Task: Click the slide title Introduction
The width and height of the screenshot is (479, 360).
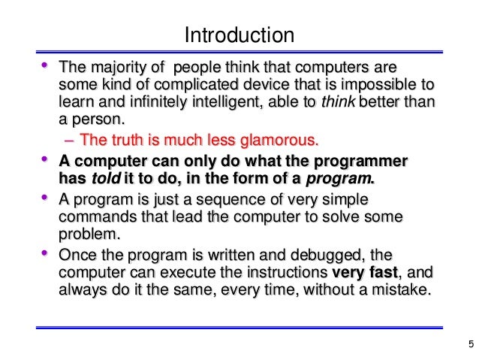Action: point(239,35)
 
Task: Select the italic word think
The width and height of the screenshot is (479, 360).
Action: point(336,102)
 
